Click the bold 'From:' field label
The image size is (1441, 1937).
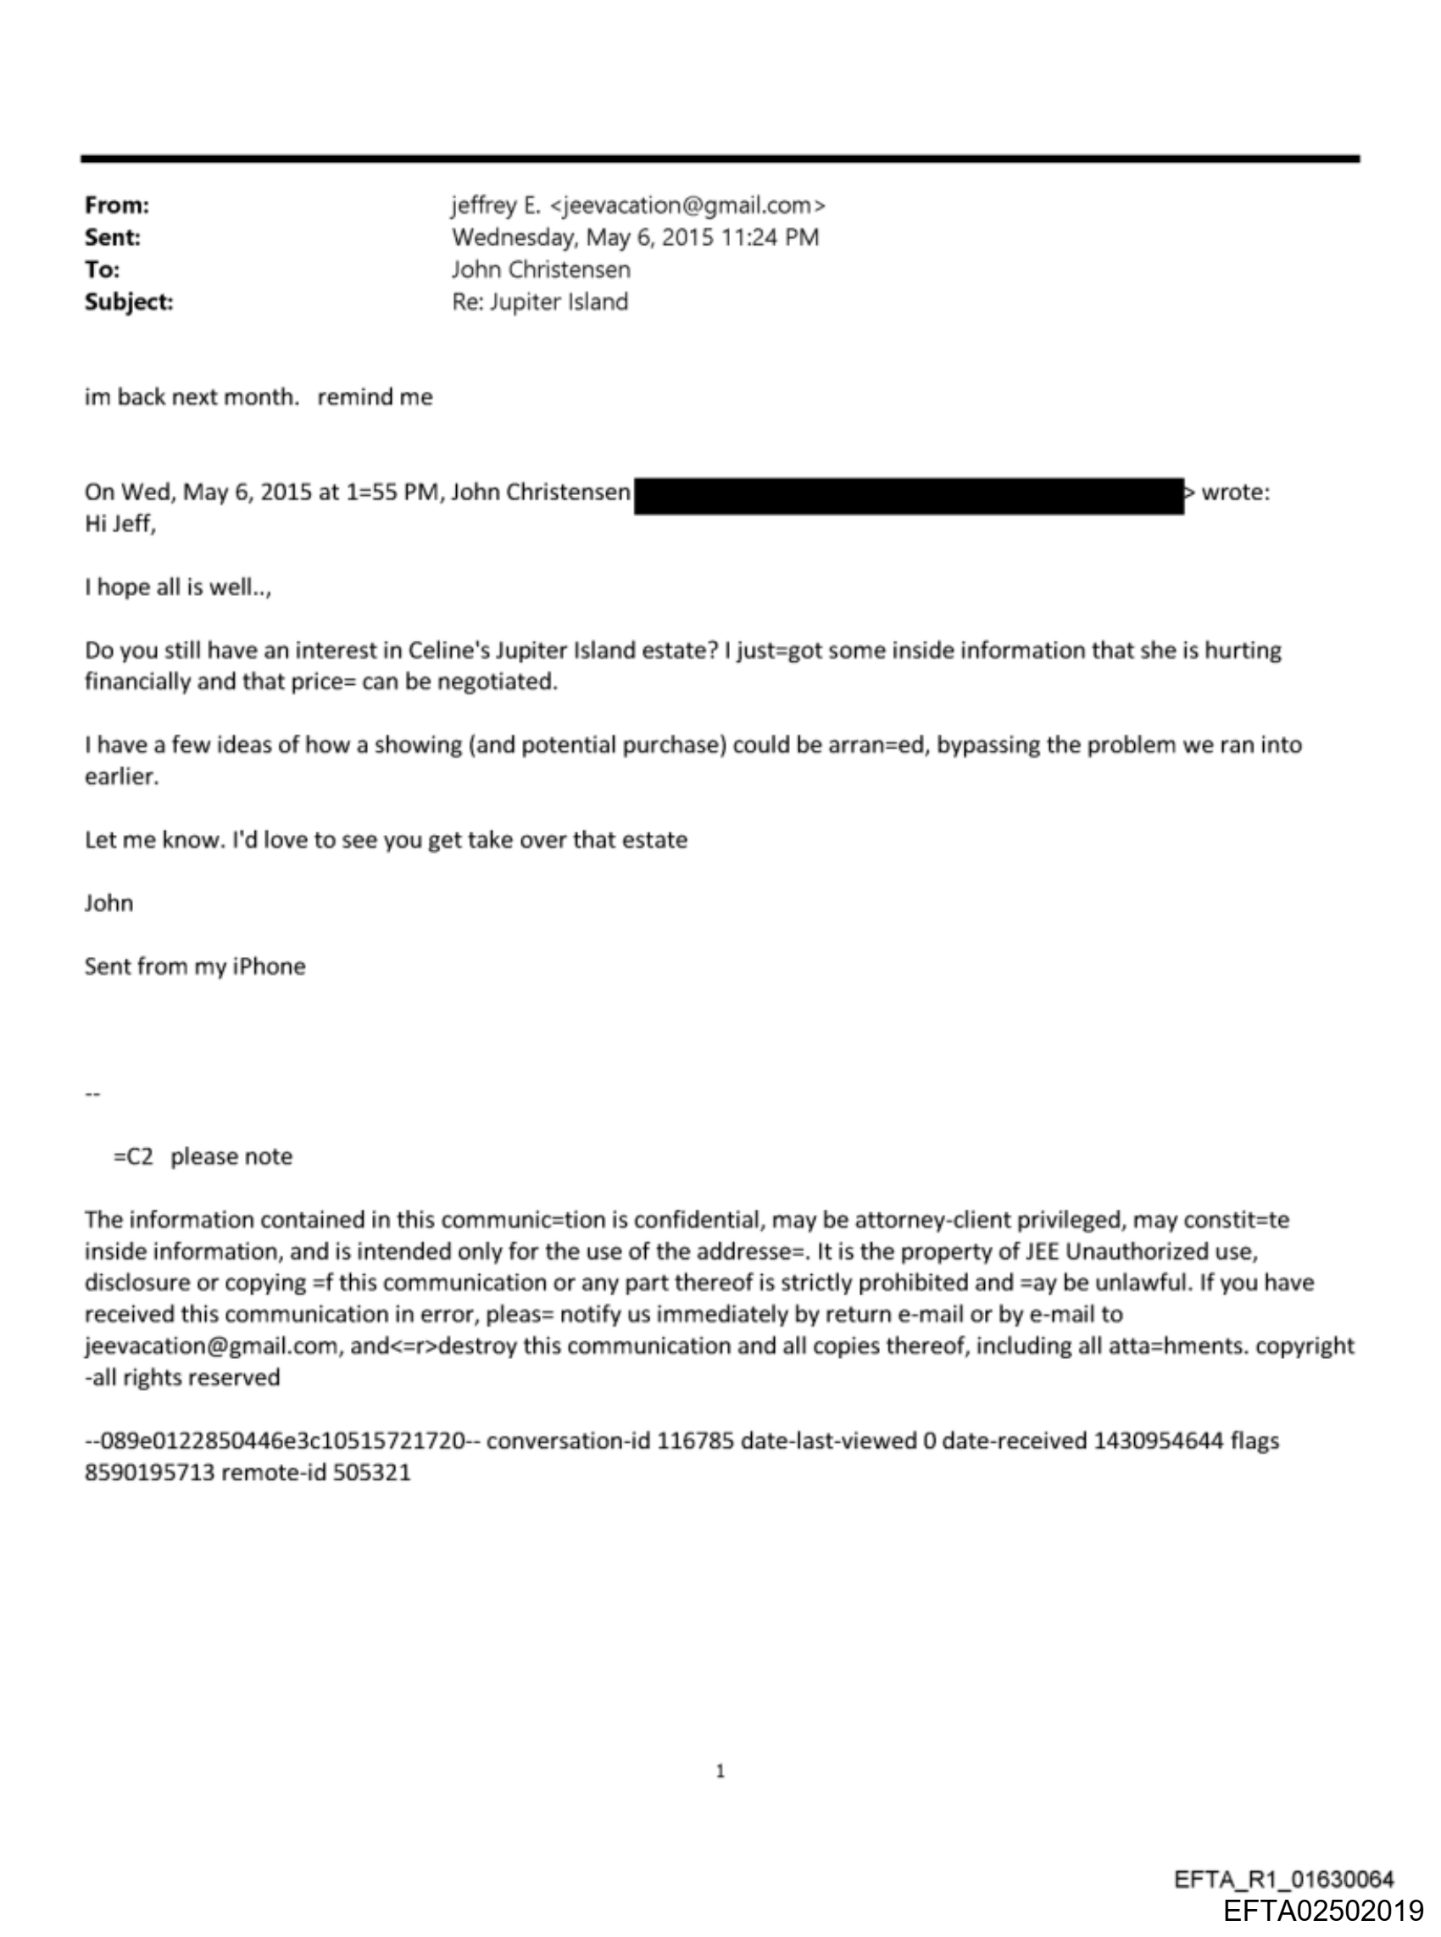click(x=117, y=205)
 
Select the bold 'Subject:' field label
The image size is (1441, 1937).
click(x=128, y=302)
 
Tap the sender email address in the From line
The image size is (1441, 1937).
click(x=687, y=205)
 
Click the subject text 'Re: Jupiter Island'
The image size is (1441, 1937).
click(x=539, y=302)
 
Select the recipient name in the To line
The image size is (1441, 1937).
click(x=541, y=270)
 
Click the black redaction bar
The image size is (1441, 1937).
click(x=908, y=495)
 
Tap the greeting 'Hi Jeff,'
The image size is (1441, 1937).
click(x=120, y=524)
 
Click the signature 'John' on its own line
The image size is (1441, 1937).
click(x=109, y=904)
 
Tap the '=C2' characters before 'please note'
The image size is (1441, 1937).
click(x=133, y=1156)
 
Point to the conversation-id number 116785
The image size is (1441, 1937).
click(x=694, y=1441)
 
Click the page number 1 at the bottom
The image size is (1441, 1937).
click(x=720, y=1772)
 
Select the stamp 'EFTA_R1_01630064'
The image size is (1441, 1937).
click(x=1284, y=1879)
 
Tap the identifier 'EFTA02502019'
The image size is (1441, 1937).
click(x=1323, y=1911)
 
